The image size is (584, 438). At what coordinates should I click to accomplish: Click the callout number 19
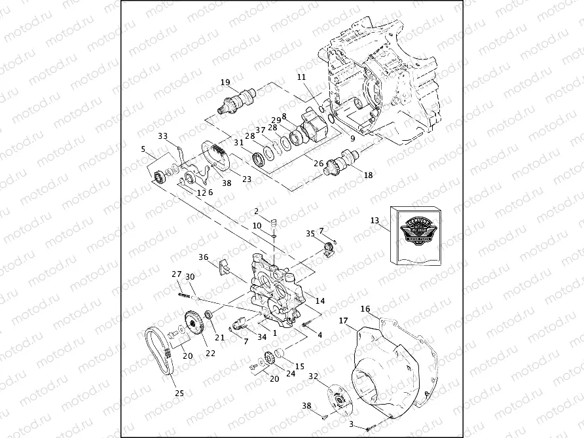[x=225, y=82]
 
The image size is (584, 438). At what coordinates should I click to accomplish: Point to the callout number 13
[x=374, y=221]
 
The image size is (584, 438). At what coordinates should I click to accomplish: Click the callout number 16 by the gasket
[x=365, y=309]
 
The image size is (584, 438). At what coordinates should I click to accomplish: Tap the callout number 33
[x=162, y=136]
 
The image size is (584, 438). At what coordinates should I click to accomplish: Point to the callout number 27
[x=176, y=274]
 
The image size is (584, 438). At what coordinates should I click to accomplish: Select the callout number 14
[x=320, y=301]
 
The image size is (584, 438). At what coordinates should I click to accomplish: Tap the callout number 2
[x=257, y=211]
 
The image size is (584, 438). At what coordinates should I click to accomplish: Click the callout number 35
[x=310, y=233]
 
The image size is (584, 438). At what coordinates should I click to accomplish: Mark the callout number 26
[x=318, y=164]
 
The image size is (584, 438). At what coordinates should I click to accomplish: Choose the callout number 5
[x=143, y=149]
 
